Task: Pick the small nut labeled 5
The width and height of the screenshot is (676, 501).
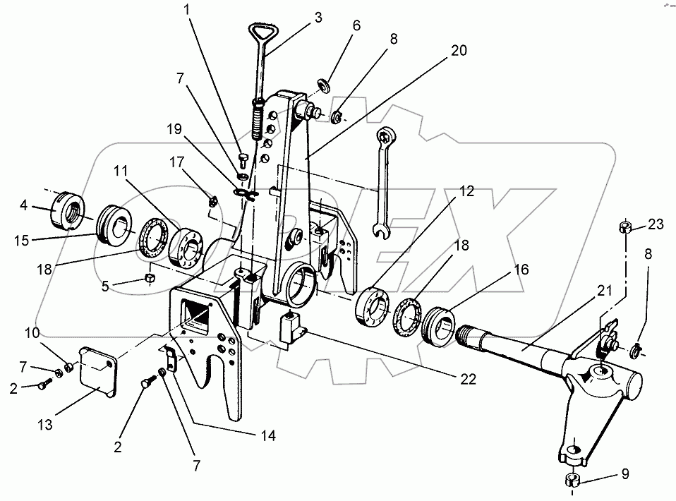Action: (150, 277)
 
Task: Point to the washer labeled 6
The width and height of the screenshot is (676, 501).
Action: (325, 85)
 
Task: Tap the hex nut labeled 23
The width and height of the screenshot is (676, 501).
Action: (624, 227)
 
